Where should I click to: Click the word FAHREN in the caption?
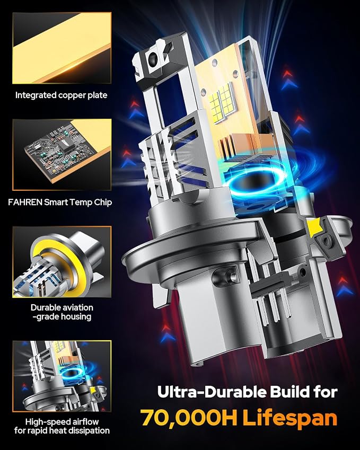[x=25, y=202]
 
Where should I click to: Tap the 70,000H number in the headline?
[x=189, y=418]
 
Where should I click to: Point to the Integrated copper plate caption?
[x=61, y=95]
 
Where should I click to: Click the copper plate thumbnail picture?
[x=62, y=48]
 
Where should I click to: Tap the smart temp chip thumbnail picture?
[x=62, y=155]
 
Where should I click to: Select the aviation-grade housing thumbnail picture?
[x=62, y=262]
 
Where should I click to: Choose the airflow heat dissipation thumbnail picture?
[x=62, y=376]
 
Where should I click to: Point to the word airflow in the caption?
[x=85, y=421]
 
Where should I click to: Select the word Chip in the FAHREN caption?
[x=103, y=202]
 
